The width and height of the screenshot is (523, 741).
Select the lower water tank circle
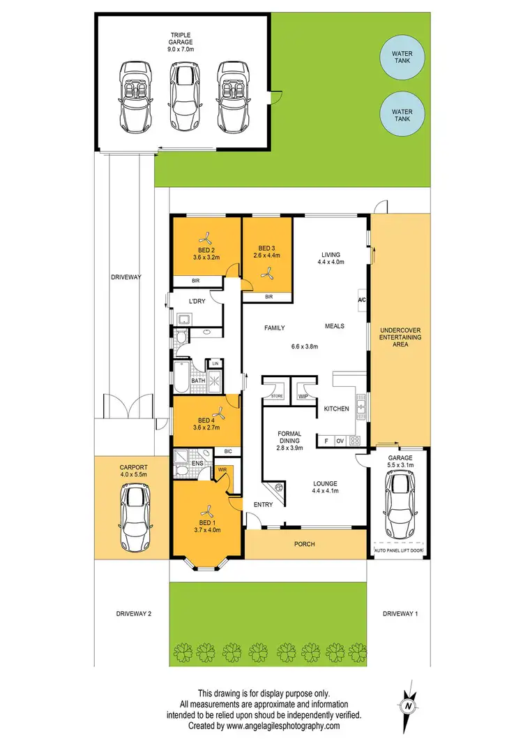[x=402, y=115]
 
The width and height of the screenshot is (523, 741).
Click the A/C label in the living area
[x=361, y=300]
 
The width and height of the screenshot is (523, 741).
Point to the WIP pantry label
[x=303, y=396]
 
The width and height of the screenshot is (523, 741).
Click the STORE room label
[x=277, y=396]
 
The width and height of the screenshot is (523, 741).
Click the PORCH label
[x=305, y=544]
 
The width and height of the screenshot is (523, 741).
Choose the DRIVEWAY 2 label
[x=134, y=613]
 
